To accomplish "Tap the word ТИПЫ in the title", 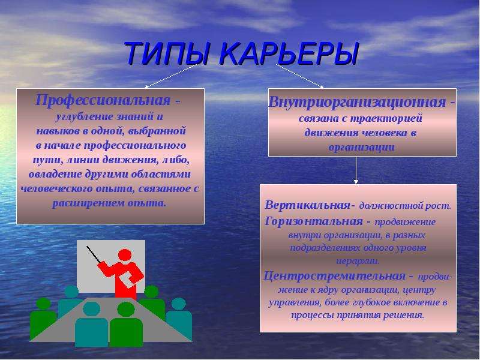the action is (167, 53).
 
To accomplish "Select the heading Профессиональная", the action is (103, 100).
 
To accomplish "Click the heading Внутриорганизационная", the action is (357, 101).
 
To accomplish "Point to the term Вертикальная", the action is (307, 205).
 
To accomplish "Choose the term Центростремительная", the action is (335, 276).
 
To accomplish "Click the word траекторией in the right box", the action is (386, 118).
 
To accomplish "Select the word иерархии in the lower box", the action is (358, 262).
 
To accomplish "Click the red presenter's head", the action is (125, 254).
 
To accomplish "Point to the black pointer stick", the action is (94, 254).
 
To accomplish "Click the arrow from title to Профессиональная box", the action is (170, 76).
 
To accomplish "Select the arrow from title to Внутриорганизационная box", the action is (300, 76).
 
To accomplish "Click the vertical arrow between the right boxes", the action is (356, 170).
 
